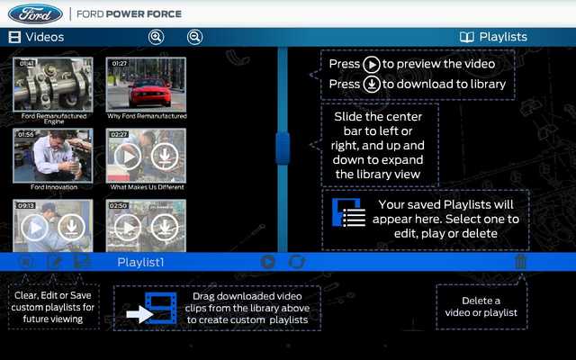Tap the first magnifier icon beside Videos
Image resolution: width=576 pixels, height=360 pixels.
[156, 37]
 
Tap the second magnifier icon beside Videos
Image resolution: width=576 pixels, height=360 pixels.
[194, 37]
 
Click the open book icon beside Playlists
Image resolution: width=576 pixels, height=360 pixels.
[466, 37]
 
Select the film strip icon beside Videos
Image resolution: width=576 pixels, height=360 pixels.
[14, 37]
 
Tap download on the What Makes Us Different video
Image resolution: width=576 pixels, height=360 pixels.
[163, 157]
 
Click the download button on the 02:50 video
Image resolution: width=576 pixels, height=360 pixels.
[163, 227]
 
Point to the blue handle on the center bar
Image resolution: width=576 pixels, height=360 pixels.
[282, 148]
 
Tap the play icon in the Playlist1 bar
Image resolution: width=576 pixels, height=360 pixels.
[267, 262]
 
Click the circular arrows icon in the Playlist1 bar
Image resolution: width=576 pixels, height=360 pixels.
[296, 262]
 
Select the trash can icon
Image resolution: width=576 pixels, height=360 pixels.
[520, 262]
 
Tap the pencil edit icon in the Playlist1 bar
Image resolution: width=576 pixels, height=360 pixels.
[54, 262]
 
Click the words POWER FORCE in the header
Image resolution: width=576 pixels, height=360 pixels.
[148, 14]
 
